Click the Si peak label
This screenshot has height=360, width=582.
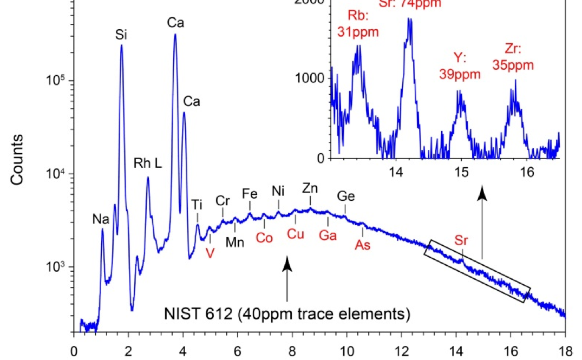coord(121,35)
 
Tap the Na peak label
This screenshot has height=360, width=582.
coord(101,220)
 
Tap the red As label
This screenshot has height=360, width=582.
coord(362,245)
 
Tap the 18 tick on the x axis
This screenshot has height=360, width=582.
coord(565,350)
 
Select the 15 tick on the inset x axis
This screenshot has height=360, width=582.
coord(461,172)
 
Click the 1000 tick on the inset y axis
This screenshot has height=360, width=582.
coord(309,78)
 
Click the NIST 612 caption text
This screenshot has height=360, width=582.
coord(286,313)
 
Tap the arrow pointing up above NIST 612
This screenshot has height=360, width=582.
coord(287,279)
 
